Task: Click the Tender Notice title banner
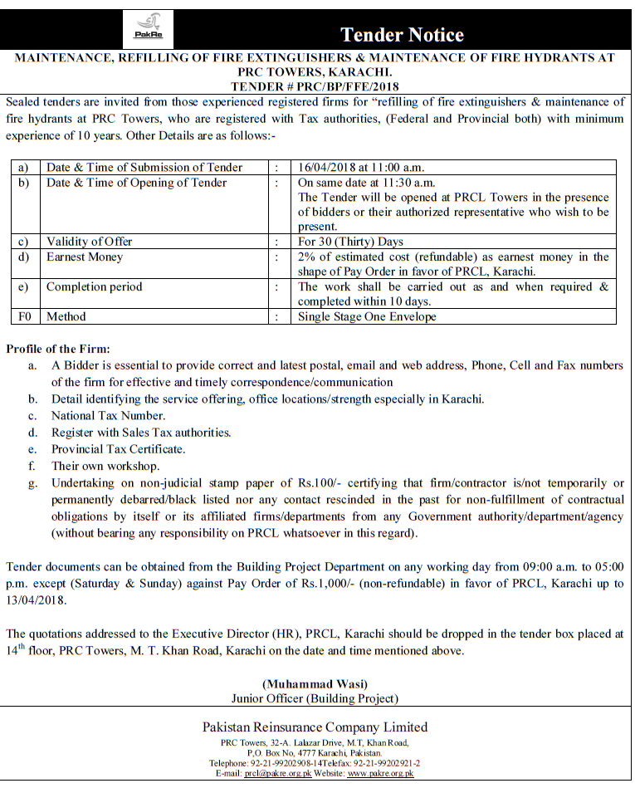click(402, 34)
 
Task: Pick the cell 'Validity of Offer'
click(89, 242)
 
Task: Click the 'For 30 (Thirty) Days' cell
click(350, 242)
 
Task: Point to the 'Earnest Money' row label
click(85, 257)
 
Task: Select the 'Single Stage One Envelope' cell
click(367, 316)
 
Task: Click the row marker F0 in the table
click(24, 316)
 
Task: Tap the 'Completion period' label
click(94, 286)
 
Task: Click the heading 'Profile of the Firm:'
click(57, 348)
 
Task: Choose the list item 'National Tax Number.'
click(108, 415)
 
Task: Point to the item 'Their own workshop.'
click(105, 466)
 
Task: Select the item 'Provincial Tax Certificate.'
click(118, 449)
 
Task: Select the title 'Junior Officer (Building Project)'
click(315, 698)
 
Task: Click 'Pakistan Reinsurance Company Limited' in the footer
click(315, 727)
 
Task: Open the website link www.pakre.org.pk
click(380, 773)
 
